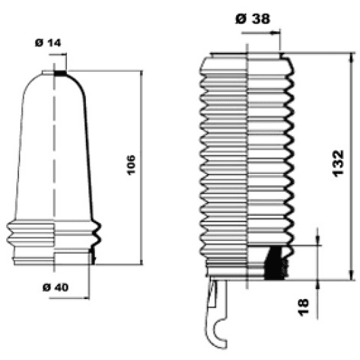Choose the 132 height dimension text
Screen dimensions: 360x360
(x=340, y=163)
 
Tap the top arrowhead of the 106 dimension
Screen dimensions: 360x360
(x=141, y=74)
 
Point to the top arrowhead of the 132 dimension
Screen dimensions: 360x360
(x=351, y=55)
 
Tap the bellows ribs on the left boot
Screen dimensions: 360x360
(x=54, y=236)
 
